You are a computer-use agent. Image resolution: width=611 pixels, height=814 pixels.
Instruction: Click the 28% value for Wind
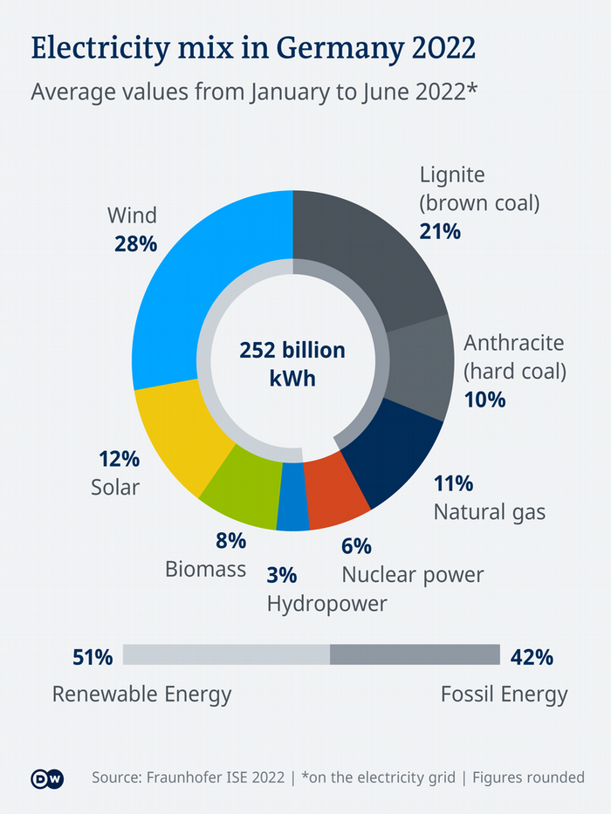(135, 243)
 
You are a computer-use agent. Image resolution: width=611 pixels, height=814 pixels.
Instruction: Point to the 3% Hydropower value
(282, 575)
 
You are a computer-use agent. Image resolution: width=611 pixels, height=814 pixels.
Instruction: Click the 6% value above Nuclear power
(356, 546)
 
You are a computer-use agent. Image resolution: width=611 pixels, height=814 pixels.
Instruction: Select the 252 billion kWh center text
(292, 365)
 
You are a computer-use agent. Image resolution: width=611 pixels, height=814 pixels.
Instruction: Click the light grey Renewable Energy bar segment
(226, 655)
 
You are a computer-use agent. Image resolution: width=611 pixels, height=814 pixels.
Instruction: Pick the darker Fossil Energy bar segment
(415, 655)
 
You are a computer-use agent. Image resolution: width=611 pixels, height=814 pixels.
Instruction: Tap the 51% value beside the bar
(93, 657)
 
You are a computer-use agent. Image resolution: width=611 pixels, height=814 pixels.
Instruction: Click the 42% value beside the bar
(532, 657)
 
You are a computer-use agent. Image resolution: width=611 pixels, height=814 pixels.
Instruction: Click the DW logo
(45, 777)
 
